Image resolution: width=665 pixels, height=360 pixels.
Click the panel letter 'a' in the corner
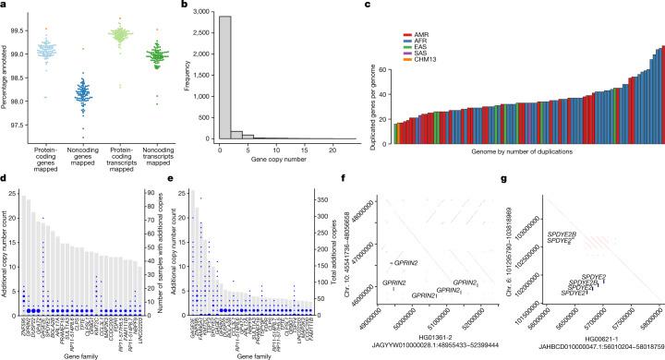pos(5,6)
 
